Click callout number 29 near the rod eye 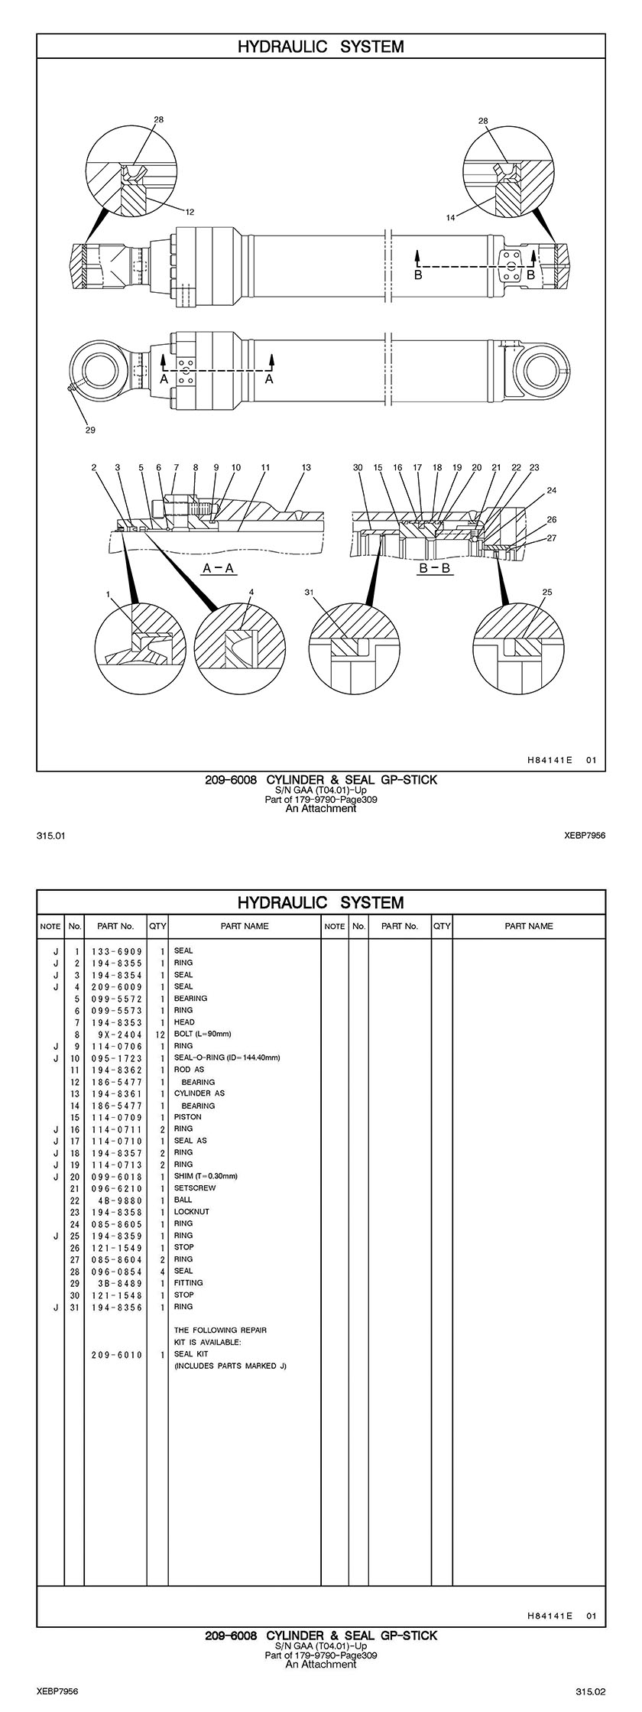pyautogui.click(x=90, y=430)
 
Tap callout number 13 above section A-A pyautogui.click(x=306, y=467)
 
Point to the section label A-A pyautogui.click(x=218, y=568)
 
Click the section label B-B pyautogui.click(x=434, y=569)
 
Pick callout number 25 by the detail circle pyautogui.click(x=546, y=592)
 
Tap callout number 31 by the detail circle pyautogui.click(x=309, y=592)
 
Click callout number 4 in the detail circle pyautogui.click(x=251, y=592)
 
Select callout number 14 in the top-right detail pyautogui.click(x=450, y=218)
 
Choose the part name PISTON pyautogui.click(x=188, y=1116)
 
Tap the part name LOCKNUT pyautogui.click(x=191, y=1211)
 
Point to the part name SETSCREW pyautogui.click(x=195, y=1187)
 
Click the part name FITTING pyautogui.click(x=189, y=1282)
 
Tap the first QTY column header pyautogui.click(x=157, y=926)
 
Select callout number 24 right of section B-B pyautogui.click(x=552, y=490)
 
